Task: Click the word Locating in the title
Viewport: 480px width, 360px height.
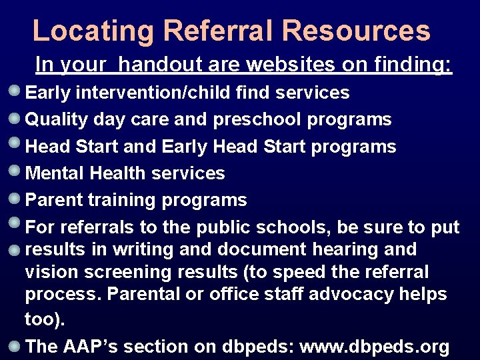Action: tap(92, 31)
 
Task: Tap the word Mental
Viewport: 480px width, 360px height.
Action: tap(55, 173)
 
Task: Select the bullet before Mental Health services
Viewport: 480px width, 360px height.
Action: tap(14, 171)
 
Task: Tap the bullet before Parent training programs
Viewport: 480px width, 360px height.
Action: tap(14, 198)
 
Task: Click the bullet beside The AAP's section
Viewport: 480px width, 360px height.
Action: tap(14, 345)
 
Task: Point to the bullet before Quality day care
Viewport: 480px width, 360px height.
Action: tap(14, 118)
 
